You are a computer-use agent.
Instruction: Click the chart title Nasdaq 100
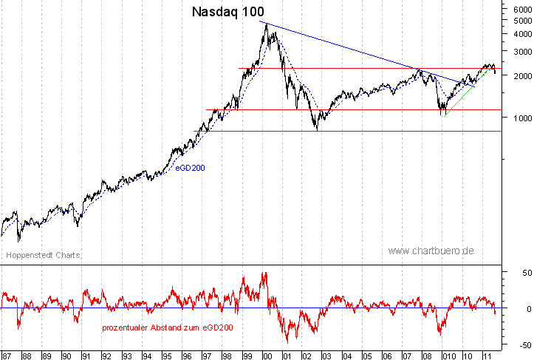click(x=227, y=12)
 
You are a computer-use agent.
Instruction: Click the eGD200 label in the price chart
click(x=190, y=168)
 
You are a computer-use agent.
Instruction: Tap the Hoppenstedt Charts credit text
click(x=43, y=255)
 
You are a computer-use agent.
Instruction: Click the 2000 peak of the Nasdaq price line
click(x=267, y=24)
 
